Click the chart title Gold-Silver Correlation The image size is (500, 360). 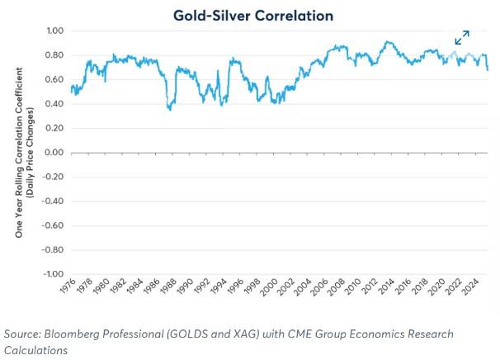click(253, 15)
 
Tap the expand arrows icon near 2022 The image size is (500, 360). click(462, 38)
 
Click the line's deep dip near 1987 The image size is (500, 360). click(170, 107)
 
